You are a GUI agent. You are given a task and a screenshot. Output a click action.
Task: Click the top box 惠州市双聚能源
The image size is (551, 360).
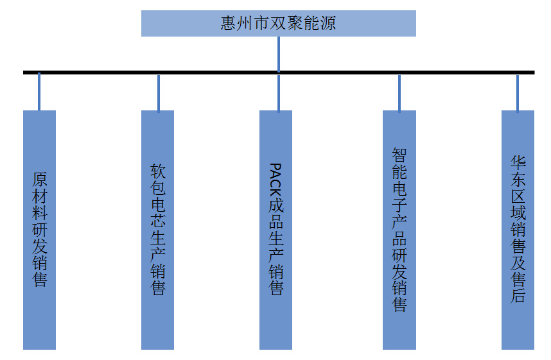pos(278,23)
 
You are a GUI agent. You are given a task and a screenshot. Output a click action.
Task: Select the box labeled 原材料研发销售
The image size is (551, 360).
pos(39,230)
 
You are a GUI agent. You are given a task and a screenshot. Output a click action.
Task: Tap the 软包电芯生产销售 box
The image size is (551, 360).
pos(157,230)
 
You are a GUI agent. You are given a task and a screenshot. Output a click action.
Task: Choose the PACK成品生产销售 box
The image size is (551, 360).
pos(275,230)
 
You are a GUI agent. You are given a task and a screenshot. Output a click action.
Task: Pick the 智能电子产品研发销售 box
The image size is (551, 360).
pos(399,230)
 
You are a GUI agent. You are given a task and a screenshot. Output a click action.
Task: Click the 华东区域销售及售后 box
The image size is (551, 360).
pos(518,230)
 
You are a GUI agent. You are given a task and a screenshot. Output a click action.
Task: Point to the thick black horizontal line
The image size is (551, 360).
pos(212,73)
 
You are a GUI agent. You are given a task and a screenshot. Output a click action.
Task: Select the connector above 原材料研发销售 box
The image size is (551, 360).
pos(39,92)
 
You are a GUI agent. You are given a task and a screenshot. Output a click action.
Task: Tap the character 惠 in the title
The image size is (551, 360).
pos(227,24)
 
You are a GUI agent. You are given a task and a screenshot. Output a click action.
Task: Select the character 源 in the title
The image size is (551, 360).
pos(328,24)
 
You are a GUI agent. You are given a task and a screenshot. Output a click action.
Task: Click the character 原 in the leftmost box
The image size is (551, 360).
pos(39,178)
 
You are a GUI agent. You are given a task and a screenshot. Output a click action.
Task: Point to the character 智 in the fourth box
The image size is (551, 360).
pos(399,155)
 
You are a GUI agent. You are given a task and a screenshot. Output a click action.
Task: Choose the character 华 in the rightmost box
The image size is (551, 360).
pos(518,162)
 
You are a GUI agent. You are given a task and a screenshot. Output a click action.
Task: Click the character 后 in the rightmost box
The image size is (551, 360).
pos(518,296)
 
